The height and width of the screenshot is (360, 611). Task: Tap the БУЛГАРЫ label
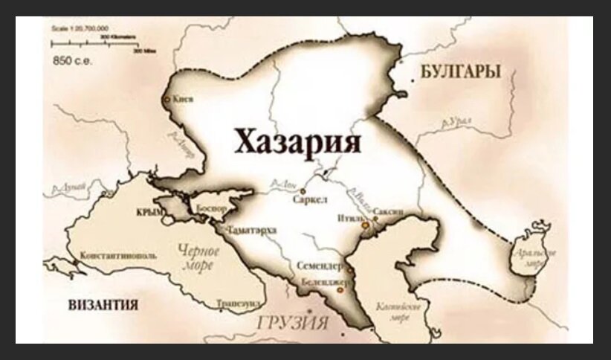(459, 71)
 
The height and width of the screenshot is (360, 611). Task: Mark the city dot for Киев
(167, 98)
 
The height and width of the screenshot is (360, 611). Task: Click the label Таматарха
(253, 230)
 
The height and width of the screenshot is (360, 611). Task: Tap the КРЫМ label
(149, 213)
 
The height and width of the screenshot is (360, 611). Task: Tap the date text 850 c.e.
(69, 57)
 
